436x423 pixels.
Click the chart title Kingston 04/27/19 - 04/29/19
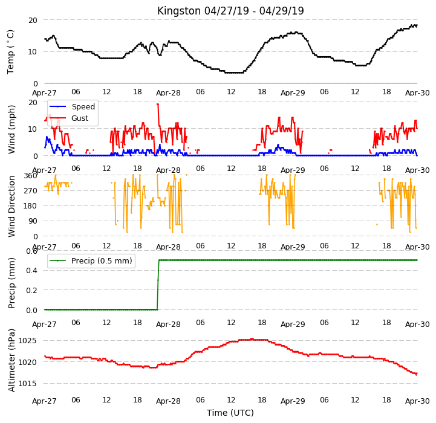(230, 11)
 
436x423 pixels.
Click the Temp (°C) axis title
(10, 52)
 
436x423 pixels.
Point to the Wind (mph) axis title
(11, 129)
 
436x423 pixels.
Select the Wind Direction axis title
(11, 206)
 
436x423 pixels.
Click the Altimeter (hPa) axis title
(11, 361)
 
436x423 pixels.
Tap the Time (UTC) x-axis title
(230, 413)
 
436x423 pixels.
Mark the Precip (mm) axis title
(11, 283)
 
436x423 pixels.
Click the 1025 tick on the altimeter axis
(28, 341)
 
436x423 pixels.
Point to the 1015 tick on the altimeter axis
(28, 384)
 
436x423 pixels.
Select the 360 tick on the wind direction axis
(31, 176)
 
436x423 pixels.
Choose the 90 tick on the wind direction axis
(33, 221)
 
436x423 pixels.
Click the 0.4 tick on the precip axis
(31, 271)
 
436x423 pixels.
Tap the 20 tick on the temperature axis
(33, 21)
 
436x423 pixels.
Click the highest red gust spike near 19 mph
(158, 104)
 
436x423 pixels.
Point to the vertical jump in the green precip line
(158, 285)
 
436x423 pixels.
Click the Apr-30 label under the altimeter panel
(417, 401)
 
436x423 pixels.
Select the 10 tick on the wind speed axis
(33, 129)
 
